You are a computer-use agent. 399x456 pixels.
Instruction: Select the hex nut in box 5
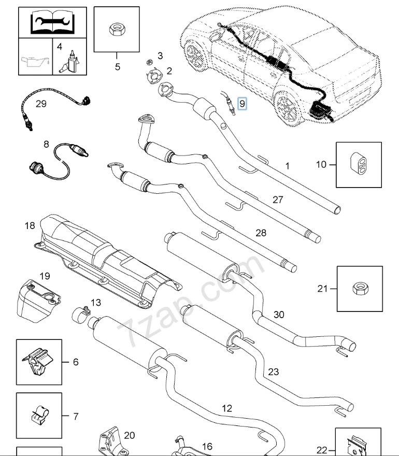[x=117, y=29]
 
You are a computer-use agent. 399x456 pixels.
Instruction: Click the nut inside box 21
[x=359, y=288]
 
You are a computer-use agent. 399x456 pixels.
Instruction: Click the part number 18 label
[x=29, y=226]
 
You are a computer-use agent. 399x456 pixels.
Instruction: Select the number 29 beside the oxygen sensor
[x=41, y=104]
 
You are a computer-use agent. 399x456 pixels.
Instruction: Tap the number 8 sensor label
[x=46, y=144]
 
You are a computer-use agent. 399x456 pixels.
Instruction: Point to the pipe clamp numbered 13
[x=81, y=313]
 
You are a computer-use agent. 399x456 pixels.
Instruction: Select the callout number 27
[x=278, y=200]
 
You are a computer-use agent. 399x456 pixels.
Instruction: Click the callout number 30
[x=279, y=315]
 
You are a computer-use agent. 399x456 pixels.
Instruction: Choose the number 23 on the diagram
[x=273, y=372]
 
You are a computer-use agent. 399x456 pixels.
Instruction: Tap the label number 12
[x=227, y=408]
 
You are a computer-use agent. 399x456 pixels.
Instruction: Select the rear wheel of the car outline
[x=289, y=106]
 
